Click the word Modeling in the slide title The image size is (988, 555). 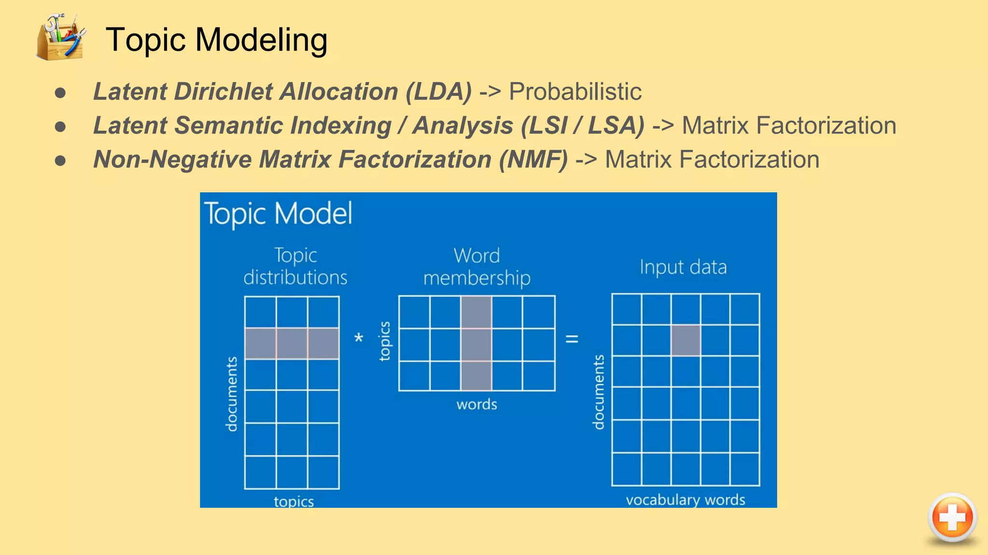261,40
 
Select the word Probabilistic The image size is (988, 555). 575,92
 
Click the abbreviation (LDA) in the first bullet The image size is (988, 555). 439,92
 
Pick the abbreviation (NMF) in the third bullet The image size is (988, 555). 533,159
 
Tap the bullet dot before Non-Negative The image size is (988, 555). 60,160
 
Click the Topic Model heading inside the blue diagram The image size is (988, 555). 278,213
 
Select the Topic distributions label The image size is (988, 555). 295,266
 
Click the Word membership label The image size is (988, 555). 477,266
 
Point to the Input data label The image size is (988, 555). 683,267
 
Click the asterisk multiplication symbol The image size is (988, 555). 358,338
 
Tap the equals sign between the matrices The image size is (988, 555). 572,339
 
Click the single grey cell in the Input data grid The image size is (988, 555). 686,340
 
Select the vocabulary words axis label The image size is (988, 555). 685,500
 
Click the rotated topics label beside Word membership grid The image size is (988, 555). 384,341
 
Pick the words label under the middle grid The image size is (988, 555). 477,404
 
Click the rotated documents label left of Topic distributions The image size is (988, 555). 232,394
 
